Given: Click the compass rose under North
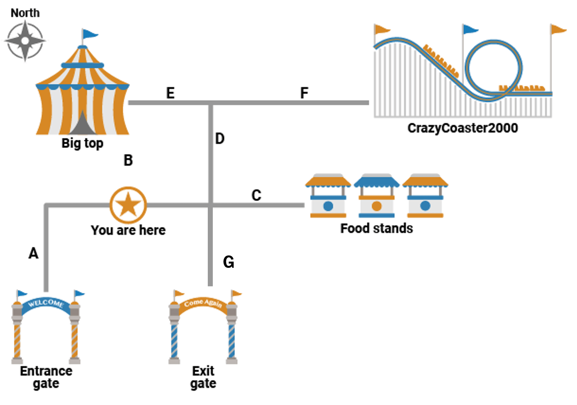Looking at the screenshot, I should coord(25,41).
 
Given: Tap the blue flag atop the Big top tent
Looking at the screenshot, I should coord(90,34).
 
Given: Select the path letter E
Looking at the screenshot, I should coord(170,93).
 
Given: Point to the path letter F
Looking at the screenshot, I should coord(304,93).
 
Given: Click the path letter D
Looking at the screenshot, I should coord(220,138).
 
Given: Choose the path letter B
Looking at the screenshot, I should coord(128,160).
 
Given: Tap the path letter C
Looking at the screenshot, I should coord(256,195).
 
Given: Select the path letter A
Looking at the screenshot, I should coord(34,254).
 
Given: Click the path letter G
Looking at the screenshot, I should coord(229,262).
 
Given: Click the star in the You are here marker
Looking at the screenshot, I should coord(128,205).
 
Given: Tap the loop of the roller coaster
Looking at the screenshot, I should coord(493,70).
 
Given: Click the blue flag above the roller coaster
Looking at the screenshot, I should coord(470,29).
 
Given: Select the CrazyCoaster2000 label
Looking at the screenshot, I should coord(462,128).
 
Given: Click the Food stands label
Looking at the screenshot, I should coord(377,228).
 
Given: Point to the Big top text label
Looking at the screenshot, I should coord(82,143).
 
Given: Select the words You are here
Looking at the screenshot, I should coord(128,230).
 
